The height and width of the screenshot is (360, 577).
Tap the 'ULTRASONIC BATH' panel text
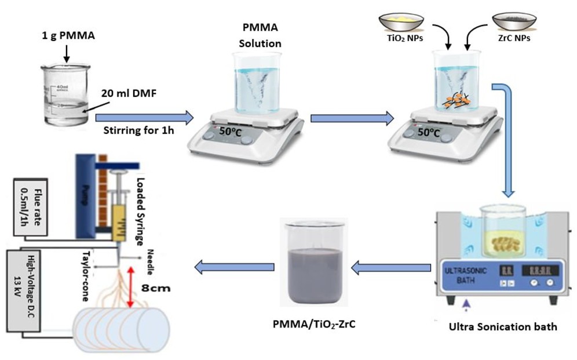click(466, 275)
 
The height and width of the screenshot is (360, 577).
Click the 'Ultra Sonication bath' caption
click(503, 326)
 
